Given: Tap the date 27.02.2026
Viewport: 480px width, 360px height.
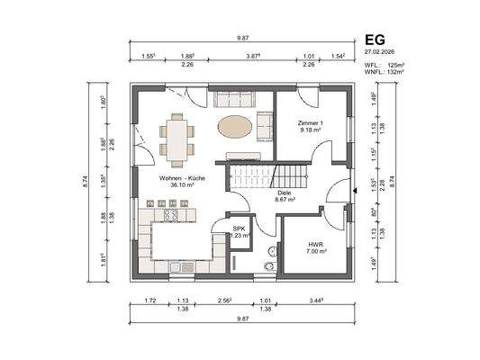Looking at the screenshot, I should pos(383,52).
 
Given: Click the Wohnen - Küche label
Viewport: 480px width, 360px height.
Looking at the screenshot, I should pos(183,178).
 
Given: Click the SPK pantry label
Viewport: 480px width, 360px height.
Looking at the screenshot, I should pos(239,229).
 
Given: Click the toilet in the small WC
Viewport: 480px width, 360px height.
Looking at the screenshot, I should pos(268,265).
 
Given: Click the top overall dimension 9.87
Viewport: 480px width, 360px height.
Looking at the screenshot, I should pos(242,38).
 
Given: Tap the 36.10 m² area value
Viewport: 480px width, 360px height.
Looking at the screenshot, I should pos(183,186).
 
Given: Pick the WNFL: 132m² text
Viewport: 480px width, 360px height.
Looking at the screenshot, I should pos(385,73).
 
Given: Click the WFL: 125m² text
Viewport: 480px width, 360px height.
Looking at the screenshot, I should pos(385,66).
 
